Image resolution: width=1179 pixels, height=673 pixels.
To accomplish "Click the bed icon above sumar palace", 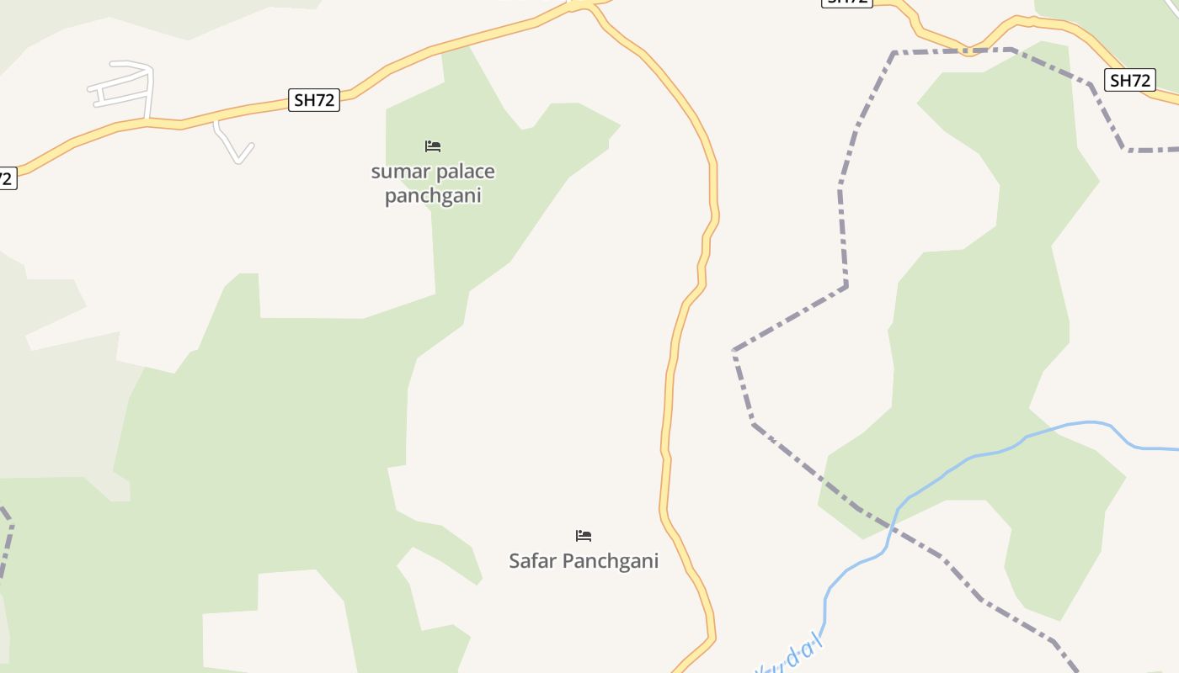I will click(433, 146).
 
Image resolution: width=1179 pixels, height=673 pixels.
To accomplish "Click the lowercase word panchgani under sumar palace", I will click(433, 196).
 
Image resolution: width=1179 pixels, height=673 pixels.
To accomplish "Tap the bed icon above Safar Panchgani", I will click(584, 536).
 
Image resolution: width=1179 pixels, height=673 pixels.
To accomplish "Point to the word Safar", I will click(532, 561).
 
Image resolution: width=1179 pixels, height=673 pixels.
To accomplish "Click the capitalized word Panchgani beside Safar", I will click(611, 561).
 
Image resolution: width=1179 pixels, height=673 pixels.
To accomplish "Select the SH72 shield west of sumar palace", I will click(314, 100).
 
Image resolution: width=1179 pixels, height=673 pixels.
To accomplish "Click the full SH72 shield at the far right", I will click(1129, 81).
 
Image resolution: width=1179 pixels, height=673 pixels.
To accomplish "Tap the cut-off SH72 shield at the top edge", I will click(846, 3).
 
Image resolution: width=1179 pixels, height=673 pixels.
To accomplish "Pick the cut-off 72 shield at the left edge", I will click(7, 178).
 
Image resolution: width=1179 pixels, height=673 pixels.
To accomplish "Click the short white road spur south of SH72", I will click(232, 144).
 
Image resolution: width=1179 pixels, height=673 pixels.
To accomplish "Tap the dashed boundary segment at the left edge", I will click(7, 538).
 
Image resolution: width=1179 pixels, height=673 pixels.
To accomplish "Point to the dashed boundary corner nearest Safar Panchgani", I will click(735, 350).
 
